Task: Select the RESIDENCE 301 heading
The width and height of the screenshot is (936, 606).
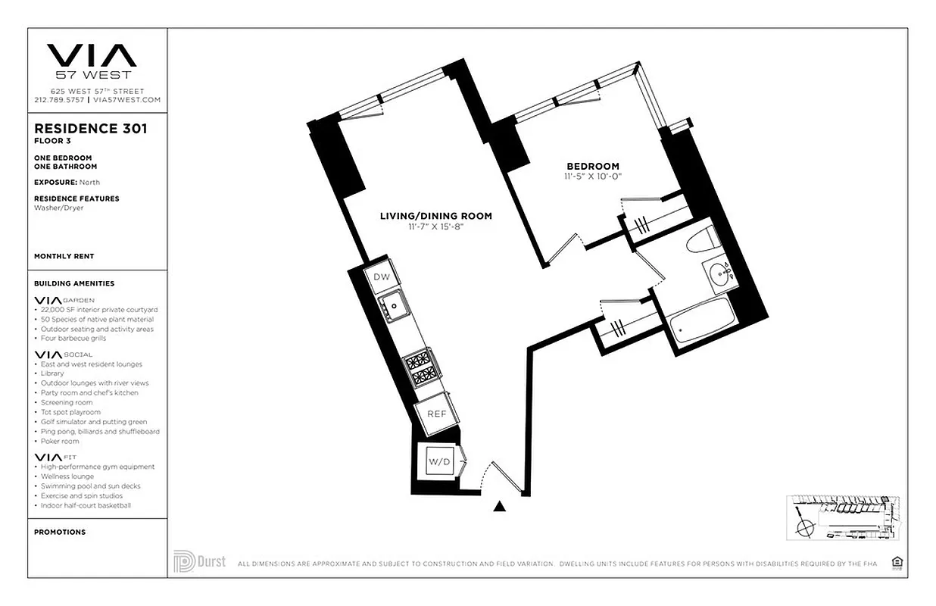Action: click(91, 129)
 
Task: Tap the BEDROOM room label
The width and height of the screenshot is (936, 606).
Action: click(593, 167)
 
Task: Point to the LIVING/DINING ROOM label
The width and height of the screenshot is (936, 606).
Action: click(435, 216)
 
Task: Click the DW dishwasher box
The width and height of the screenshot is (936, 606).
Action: click(382, 277)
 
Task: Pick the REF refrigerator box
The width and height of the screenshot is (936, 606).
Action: click(435, 414)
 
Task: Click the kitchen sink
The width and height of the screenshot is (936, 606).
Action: click(395, 308)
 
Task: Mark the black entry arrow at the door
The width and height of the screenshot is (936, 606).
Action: click(499, 507)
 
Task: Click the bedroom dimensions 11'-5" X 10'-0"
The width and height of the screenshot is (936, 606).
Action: click(593, 176)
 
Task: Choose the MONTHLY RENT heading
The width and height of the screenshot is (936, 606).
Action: click(64, 257)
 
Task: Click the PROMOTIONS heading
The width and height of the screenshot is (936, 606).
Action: click(60, 532)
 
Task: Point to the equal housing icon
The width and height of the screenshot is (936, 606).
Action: click(897, 562)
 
